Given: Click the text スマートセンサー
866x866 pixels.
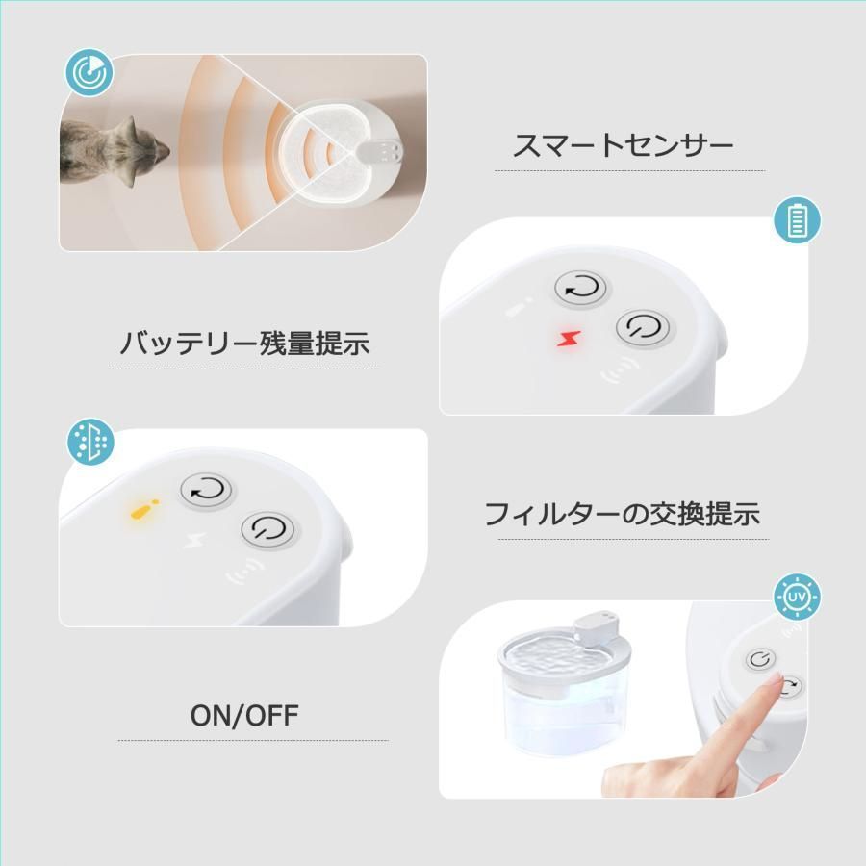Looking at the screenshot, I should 624,146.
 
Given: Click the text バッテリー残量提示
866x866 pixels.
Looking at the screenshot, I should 244,344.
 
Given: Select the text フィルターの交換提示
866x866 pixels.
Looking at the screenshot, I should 622,514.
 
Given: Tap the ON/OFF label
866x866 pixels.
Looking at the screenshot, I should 244,715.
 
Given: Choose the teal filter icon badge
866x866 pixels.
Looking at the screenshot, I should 89,443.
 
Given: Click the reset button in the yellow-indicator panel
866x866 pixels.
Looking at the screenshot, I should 208,491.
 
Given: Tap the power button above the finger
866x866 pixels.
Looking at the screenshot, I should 761,659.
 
